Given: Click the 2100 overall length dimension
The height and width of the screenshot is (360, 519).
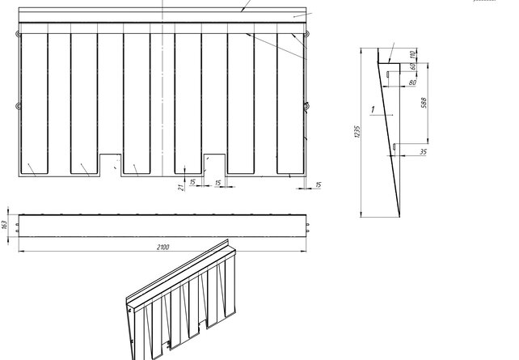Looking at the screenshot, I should (164, 247).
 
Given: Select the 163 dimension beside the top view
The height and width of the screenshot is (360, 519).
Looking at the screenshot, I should (5, 224).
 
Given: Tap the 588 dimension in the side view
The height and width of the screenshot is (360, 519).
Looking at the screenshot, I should (424, 103).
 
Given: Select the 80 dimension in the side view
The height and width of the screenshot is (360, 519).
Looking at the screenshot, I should (412, 83).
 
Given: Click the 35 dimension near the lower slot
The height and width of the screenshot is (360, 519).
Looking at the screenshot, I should (424, 151).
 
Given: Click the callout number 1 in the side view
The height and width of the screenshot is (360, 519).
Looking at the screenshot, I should (371, 108).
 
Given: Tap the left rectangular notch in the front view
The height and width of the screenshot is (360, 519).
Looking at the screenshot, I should (110, 163).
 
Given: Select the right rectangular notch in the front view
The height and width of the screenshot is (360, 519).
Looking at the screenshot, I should (213, 163).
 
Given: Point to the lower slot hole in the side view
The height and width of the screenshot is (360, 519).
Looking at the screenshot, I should (394, 146).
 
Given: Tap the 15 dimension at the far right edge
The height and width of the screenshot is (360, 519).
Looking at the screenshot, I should (319, 185).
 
